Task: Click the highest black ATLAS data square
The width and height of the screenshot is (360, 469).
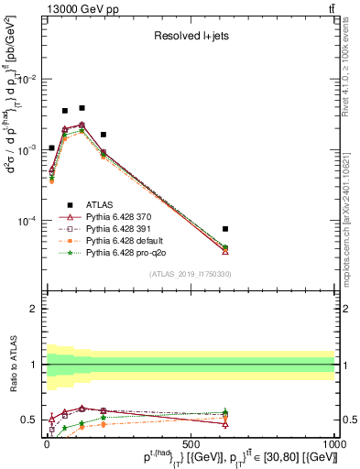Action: tap(82, 108)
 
